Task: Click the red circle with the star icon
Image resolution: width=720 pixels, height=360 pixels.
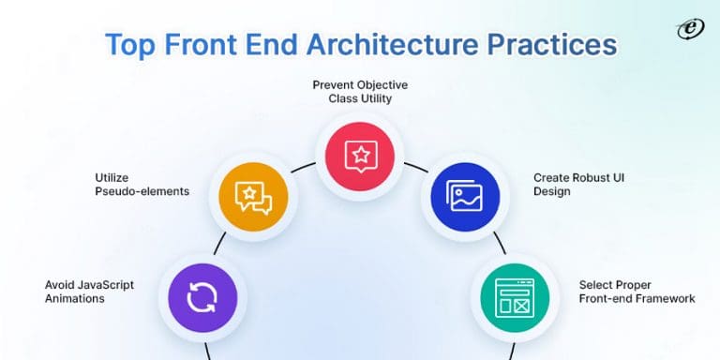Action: point(360,155)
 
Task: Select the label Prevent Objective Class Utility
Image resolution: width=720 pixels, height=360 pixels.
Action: point(360,92)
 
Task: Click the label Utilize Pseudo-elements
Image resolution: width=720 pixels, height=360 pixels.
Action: point(142,184)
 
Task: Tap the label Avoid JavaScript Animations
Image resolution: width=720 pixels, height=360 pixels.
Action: point(88,291)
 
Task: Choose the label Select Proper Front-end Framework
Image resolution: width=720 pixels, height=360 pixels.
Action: point(637,291)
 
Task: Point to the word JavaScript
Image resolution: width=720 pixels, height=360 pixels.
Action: point(105,283)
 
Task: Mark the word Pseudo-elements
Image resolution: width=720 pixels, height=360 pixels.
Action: point(142,191)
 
